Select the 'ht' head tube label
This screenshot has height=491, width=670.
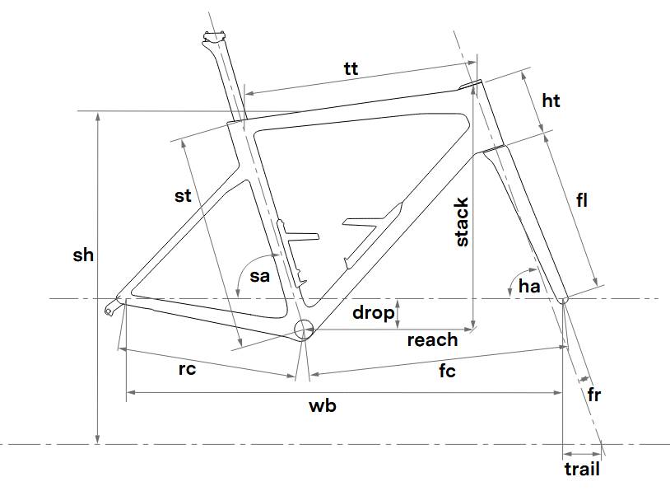(x=551, y=101)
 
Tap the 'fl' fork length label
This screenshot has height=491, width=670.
(x=582, y=199)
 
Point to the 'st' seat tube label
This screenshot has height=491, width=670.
(x=183, y=196)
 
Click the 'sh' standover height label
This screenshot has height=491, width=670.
(x=83, y=255)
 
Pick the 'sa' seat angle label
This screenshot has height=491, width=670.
(x=259, y=276)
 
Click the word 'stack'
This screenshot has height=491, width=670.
(x=462, y=222)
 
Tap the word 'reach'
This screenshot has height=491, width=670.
(x=432, y=339)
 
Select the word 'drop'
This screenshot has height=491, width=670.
(x=372, y=313)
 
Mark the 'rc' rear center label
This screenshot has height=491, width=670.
(x=187, y=369)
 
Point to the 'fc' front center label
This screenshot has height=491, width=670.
(x=447, y=372)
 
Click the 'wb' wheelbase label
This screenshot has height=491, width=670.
(x=323, y=405)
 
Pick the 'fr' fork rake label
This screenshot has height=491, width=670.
(x=593, y=395)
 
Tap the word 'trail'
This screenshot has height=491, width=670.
(x=582, y=470)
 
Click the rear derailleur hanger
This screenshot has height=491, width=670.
(x=110, y=309)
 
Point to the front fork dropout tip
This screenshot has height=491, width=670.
(x=563, y=300)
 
